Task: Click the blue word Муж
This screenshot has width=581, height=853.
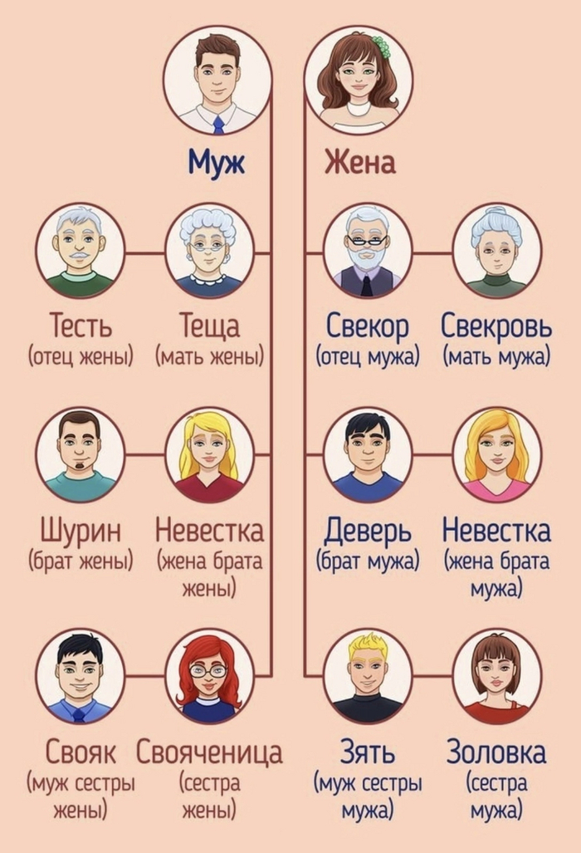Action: pyautogui.click(x=217, y=162)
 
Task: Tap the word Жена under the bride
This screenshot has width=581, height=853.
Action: pyautogui.click(x=359, y=162)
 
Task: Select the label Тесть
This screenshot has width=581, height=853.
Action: pyautogui.click(x=81, y=326)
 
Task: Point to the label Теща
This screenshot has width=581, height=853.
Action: pyautogui.click(x=210, y=327)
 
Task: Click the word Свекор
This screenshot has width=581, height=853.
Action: pyautogui.click(x=368, y=327)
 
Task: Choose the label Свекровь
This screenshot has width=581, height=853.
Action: pyautogui.click(x=496, y=326)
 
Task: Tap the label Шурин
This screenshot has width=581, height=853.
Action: pyautogui.click(x=81, y=531)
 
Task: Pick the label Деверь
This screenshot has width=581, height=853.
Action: pyautogui.click(x=368, y=532)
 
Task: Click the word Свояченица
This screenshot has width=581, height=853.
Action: pyautogui.click(x=209, y=753)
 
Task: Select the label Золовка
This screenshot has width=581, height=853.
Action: pyautogui.click(x=496, y=753)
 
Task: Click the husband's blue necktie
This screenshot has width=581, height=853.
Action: pyautogui.click(x=218, y=125)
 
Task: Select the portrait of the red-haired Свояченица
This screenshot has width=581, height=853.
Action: pyautogui.click(x=209, y=676)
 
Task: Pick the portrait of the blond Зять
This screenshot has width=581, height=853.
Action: pyautogui.click(x=368, y=676)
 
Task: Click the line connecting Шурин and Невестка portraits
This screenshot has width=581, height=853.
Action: pyautogui.click(x=145, y=453)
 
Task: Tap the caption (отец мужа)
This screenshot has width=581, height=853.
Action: pyautogui.click(x=368, y=357)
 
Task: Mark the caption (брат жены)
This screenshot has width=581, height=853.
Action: pyautogui.click(x=81, y=561)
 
